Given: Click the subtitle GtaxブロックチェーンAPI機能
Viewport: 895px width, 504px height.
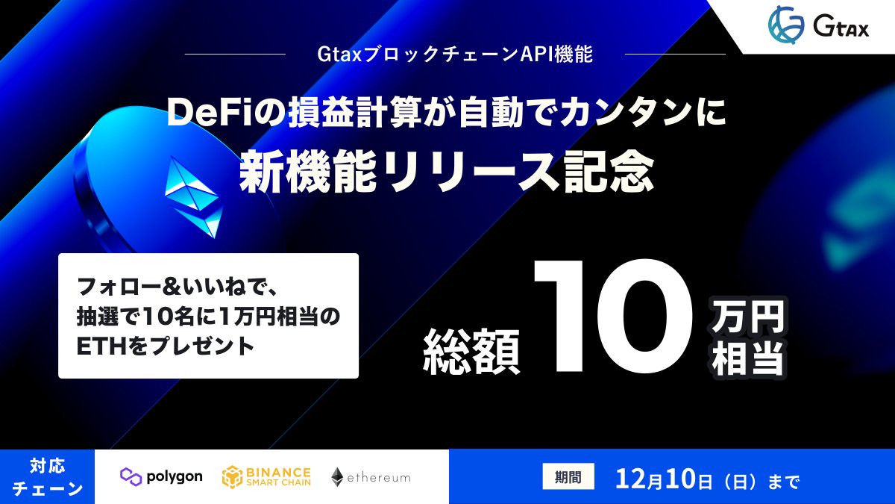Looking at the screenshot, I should click(x=454, y=55).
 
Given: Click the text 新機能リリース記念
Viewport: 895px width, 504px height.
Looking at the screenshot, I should click(x=447, y=174).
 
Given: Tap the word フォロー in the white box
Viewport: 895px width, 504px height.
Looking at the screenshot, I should click(x=113, y=287).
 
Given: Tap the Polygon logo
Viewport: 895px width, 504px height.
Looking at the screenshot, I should click(x=161, y=476).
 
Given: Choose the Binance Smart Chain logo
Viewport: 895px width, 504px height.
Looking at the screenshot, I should click(x=266, y=476).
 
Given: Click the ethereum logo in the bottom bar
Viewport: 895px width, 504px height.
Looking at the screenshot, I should click(x=371, y=476).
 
